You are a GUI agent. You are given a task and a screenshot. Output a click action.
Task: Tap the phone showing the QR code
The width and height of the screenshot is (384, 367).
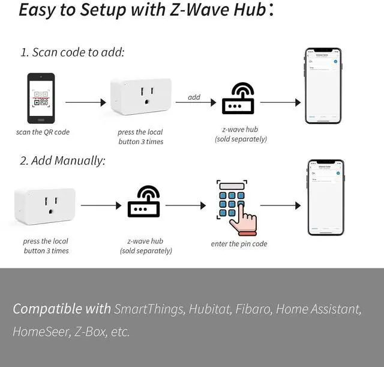click(41, 98)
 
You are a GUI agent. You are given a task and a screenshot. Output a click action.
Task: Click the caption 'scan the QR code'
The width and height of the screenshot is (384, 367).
click(43, 132)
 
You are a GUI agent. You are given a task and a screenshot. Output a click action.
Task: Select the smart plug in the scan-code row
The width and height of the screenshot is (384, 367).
click(141, 96)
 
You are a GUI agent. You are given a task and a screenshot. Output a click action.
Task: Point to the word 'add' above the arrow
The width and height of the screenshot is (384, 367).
click(194, 97)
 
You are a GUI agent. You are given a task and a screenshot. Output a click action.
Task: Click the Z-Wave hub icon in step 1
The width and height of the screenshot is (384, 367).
click(238, 99)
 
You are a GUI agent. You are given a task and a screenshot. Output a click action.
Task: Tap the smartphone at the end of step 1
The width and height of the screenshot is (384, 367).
click(323, 86)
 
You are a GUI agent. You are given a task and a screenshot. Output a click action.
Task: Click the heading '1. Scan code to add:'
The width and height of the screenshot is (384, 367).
click(73, 52)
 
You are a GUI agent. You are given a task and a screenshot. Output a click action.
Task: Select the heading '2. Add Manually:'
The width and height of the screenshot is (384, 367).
click(63, 161)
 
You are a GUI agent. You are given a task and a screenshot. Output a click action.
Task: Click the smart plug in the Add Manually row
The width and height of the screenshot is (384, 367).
click(45, 206)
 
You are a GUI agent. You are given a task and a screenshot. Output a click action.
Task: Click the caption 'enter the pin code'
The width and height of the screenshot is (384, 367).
click(239, 244)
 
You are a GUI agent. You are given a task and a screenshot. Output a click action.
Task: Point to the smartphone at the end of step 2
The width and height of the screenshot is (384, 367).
click(326, 198)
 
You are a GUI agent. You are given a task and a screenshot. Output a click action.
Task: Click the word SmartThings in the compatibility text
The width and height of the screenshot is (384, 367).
click(149, 309)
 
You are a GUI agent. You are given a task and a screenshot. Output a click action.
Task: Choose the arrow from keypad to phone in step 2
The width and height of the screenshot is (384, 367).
click(280, 205)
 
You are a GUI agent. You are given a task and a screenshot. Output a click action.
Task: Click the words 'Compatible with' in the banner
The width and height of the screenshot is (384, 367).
click(62, 309)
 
